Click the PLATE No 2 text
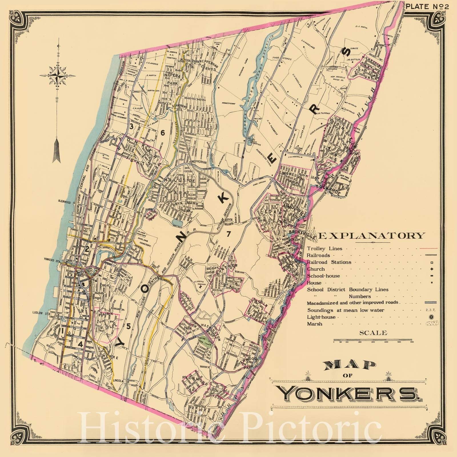coord(427,6)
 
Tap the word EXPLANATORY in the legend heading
coord(372,236)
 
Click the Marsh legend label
coord(314,324)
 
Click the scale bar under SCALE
coord(374,340)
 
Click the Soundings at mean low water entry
coord(346,310)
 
